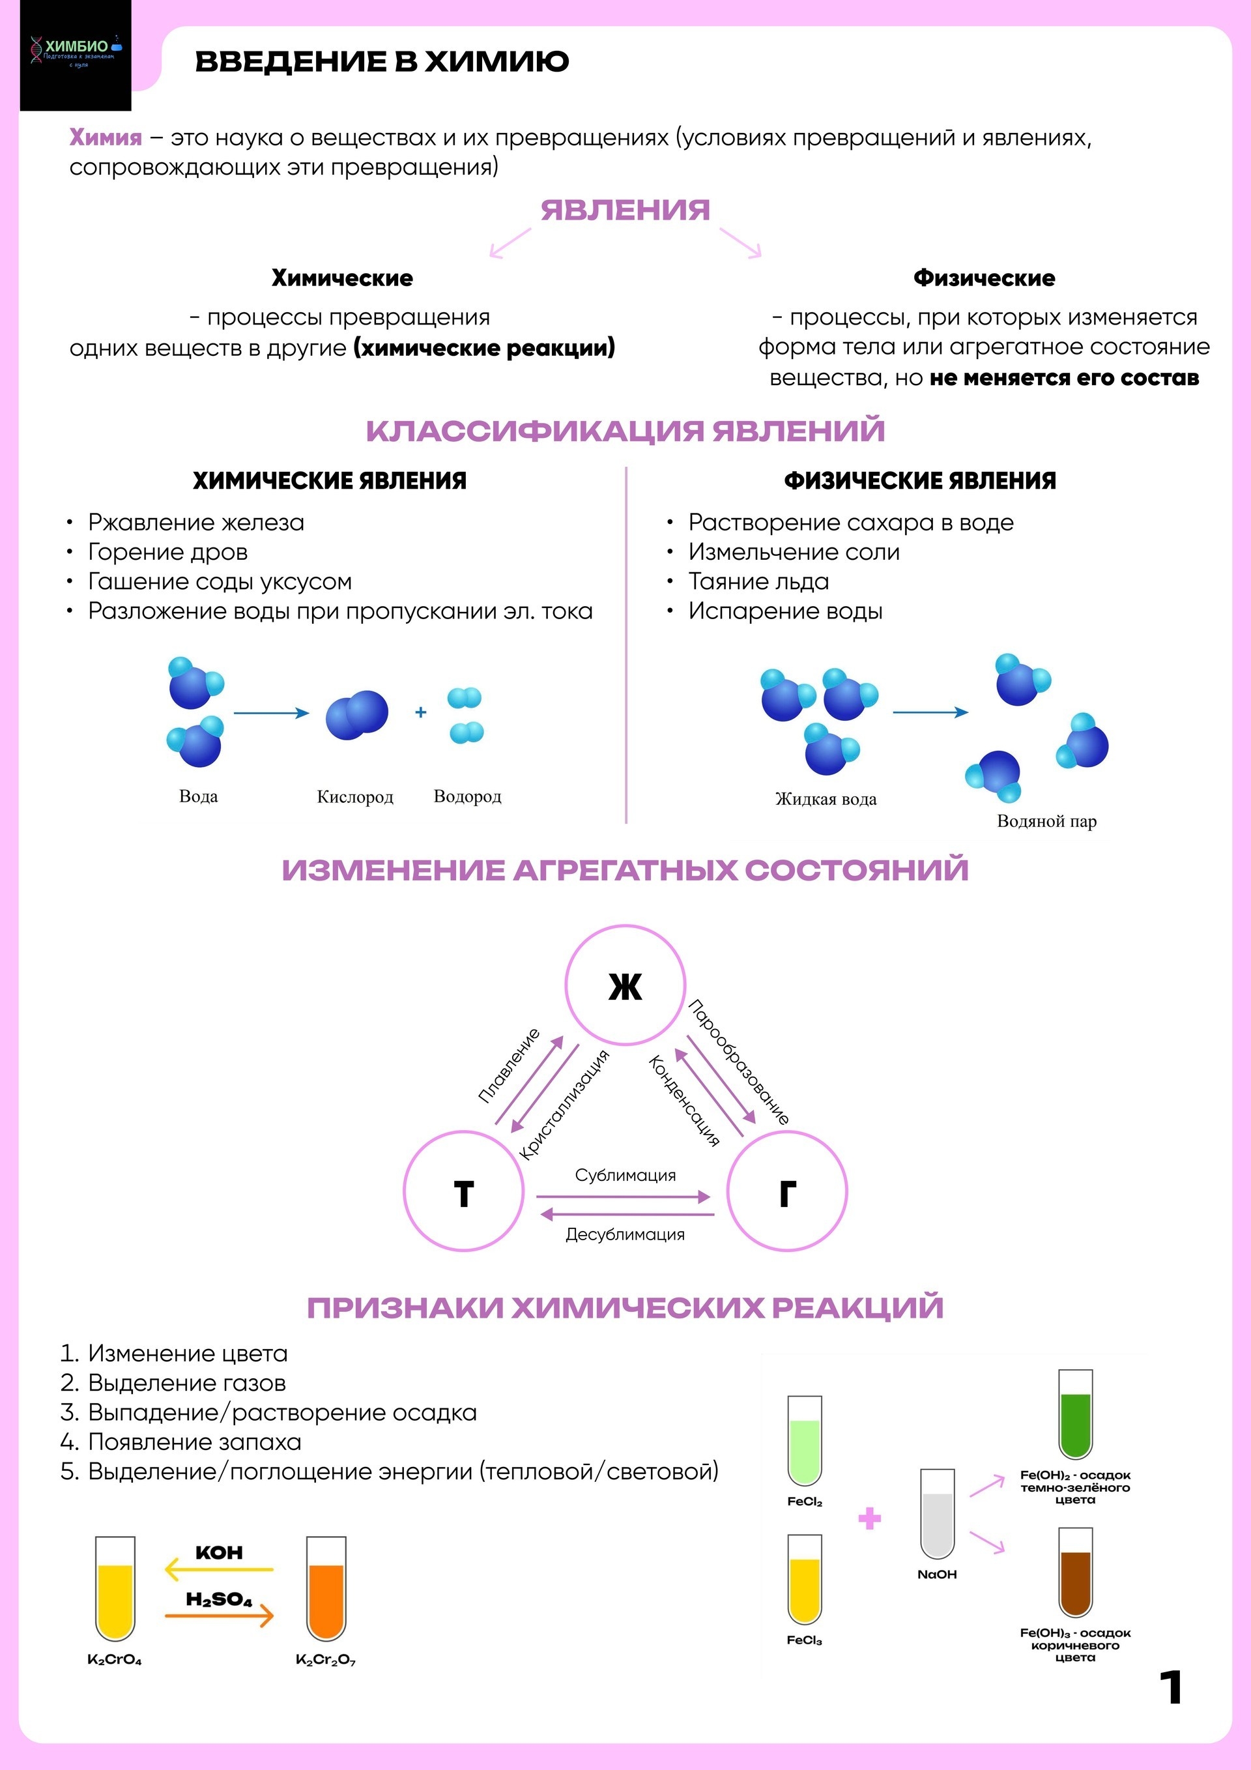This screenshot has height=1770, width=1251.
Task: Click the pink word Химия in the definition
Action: click(x=106, y=138)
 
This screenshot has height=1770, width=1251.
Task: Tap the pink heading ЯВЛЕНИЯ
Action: click(x=624, y=210)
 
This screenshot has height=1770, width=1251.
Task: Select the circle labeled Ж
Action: click(x=625, y=986)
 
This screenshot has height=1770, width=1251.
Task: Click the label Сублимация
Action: click(x=625, y=1175)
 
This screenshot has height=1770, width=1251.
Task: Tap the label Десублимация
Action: click(x=625, y=1234)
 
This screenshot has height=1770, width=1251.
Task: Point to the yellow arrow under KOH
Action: click(x=220, y=1569)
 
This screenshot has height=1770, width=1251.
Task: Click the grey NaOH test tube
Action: click(x=938, y=1515)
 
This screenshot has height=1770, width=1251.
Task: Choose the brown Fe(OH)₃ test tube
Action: click(x=1075, y=1573)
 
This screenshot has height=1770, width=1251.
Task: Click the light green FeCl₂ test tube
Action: click(x=805, y=1442)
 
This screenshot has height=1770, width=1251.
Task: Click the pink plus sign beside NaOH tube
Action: click(x=869, y=1518)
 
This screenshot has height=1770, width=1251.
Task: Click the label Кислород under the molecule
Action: click(x=355, y=796)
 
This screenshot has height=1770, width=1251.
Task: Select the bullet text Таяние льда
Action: click(x=758, y=581)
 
